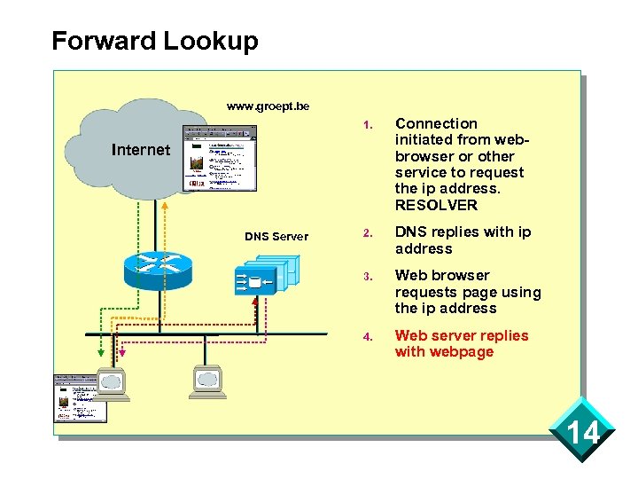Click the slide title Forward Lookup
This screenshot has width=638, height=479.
[155, 41]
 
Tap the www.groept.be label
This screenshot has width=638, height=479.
[268, 106]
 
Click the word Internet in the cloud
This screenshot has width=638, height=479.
[140, 150]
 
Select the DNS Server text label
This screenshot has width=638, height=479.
[276, 236]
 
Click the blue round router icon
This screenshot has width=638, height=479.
[157, 264]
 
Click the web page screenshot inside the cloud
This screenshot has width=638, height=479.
[219, 158]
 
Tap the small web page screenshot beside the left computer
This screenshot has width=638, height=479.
[80, 397]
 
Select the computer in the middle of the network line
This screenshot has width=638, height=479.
[207, 381]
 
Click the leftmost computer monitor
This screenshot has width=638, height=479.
[113, 382]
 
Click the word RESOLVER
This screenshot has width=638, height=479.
[436, 205]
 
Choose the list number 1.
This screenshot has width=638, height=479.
[366, 124]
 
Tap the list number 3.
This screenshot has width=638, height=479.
[366, 276]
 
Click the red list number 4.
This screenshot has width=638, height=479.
[366, 336]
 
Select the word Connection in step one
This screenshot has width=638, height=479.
[436, 123]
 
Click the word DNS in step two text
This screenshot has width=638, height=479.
[410, 232]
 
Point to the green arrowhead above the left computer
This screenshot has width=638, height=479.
[101, 352]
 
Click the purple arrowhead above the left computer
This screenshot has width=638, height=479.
[122, 353]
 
